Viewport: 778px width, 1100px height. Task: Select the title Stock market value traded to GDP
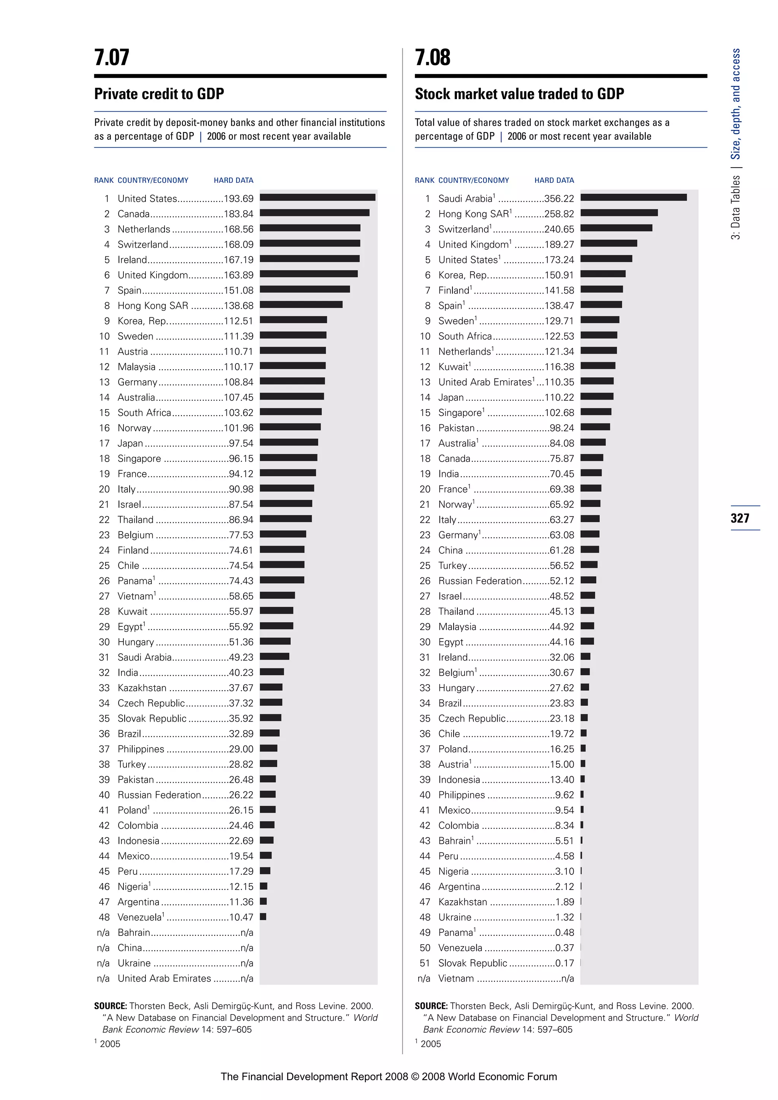pyautogui.click(x=519, y=94)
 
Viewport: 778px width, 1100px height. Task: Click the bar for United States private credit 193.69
pyautogui.click(x=317, y=198)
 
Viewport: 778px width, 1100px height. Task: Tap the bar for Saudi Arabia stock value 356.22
pyautogui.click(x=633, y=198)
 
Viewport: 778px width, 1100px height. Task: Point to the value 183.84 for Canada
pyautogui.click(x=239, y=214)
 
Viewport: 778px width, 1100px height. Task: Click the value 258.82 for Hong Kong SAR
pyautogui.click(x=559, y=214)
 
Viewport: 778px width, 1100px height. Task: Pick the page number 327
pyautogui.click(x=740, y=518)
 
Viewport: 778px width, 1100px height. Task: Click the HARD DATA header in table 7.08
pyautogui.click(x=554, y=180)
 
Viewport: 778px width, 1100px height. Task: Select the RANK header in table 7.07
pyautogui.click(x=103, y=180)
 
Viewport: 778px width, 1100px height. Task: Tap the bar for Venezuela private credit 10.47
pyautogui.click(x=263, y=917)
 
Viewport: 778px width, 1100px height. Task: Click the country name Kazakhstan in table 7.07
pyautogui.click(x=142, y=688)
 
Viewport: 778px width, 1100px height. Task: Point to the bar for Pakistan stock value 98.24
pyautogui.click(x=595, y=427)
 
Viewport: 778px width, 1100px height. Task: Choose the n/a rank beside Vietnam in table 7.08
pyautogui.click(x=424, y=978)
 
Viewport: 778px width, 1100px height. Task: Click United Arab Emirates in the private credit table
pyautogui.click(x=164, y=978)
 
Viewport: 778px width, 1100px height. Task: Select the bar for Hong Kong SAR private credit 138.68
pyautogui.click(x=301, y=305)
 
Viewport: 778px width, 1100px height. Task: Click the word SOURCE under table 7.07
pyautogui.click(x=110, y=1006)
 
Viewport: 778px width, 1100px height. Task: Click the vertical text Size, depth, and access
pyautogui.click(x=735, y=104)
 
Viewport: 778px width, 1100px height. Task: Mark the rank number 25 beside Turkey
pyautogui.click(x=425, y=565)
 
